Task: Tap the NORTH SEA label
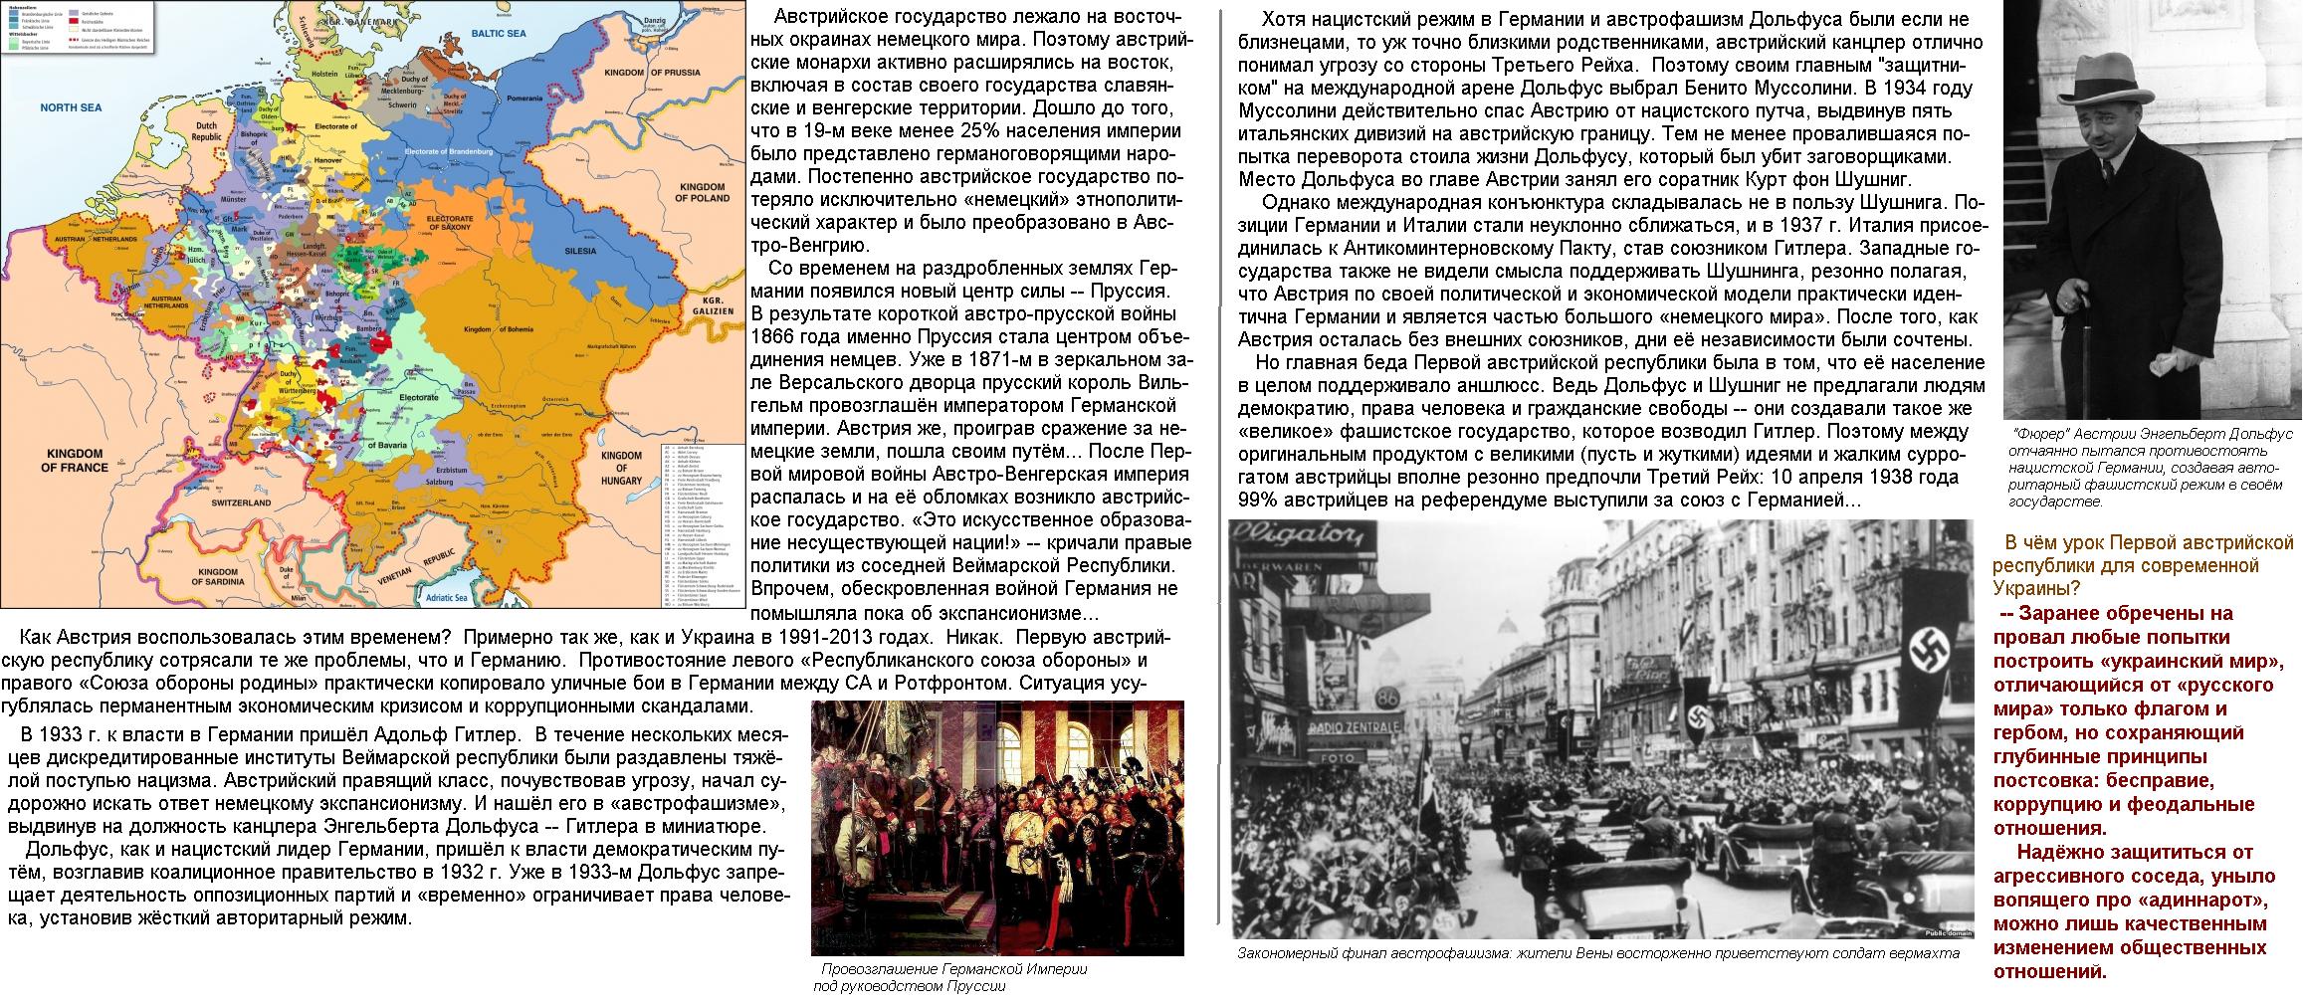[66, 104]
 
